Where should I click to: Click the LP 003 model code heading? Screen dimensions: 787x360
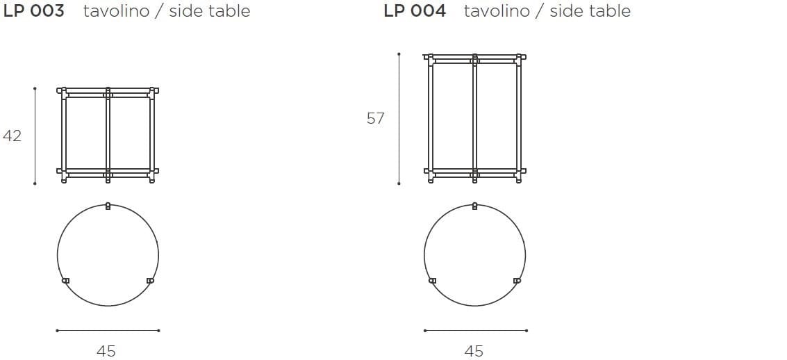(33, 11)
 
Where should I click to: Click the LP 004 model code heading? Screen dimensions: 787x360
(415, 11)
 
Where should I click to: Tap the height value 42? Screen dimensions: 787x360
(12, 136)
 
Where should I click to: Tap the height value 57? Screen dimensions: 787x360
(375, 118)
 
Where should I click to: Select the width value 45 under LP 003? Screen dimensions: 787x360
(106, 351)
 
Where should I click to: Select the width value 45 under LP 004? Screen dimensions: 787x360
(474, 351)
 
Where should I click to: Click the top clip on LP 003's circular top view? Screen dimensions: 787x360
(108, 206)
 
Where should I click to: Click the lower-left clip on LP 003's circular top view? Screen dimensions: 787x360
(65, 280)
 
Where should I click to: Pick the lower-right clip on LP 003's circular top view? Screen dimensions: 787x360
(150, 280)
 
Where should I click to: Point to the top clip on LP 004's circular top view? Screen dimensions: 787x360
(475, 206)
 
